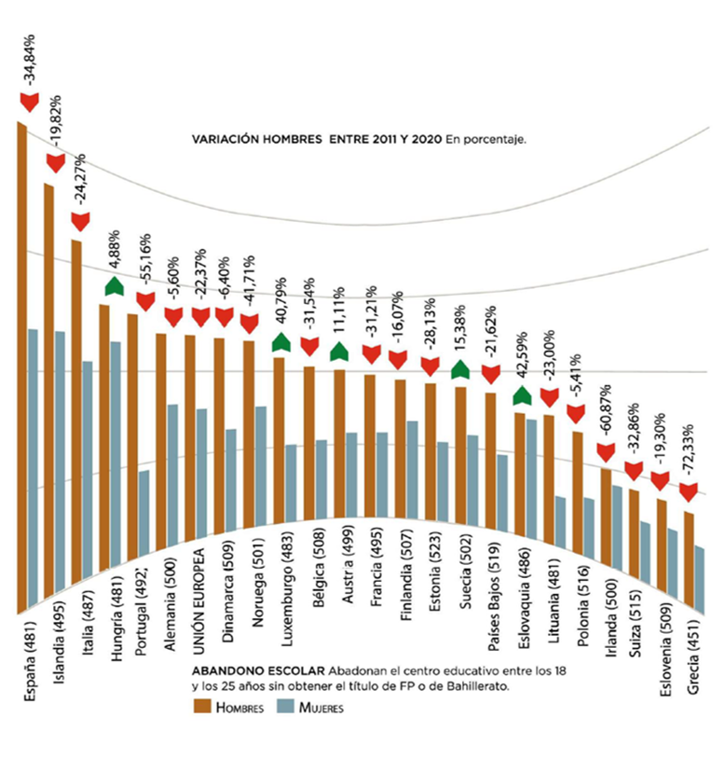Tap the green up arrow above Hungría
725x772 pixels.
point(114,285)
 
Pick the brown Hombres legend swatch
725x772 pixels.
point(200,708)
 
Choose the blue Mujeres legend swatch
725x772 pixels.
point(283,708)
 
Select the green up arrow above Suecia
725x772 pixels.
point(460,369)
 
